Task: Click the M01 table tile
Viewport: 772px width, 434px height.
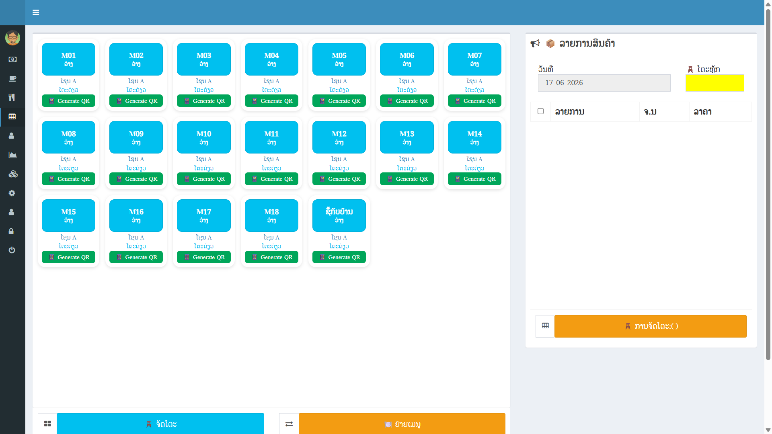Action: pos(68,59)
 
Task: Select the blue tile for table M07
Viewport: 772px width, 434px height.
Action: pos(474,59)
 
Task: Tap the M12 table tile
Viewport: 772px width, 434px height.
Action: pos(339,137)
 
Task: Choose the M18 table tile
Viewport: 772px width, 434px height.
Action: pos(271,215)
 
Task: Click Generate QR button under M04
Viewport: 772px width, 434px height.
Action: pos(271,101)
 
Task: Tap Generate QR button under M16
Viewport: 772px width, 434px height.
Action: pos(136,257)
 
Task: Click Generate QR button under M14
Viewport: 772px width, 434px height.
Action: pos(474,179)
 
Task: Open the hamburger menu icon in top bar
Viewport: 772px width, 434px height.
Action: pos(36,12)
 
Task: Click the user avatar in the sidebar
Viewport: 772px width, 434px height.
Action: pos(12,38)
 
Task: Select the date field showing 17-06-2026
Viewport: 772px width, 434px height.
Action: pos(604,83)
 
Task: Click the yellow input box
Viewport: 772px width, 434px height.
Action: pos(715,83)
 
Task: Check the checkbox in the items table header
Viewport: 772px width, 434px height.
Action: pos(540,111)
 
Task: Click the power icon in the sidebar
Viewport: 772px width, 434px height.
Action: pos(12,250)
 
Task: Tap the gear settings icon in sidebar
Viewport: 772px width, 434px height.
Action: pos(12,193)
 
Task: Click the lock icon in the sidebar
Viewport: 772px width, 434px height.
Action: pos(11,231)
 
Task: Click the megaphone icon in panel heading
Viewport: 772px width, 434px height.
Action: pos(535,43)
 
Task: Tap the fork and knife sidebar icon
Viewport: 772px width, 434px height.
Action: pos(12,97)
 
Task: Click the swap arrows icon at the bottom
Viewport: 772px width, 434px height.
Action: pos(289,424)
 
